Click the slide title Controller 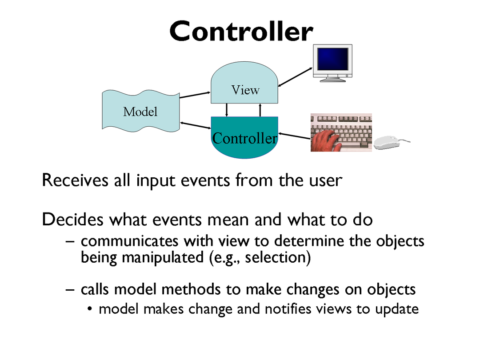coord(241,31)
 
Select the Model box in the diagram coord(141,111)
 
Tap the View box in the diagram coord(244,83)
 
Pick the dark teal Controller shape coord(244,137)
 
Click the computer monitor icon coord(332,63)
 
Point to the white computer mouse coord(389,143)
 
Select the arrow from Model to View coord(195,95)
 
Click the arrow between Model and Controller coord(196,125)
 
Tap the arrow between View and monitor coord(295,77)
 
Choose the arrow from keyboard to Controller coord(294,136)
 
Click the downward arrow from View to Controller coord(227,110)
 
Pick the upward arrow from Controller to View coord(260,110)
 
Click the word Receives coord(75,180)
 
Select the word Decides coord(72,220)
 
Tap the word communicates coord(129,241)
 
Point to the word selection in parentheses coord(275,257)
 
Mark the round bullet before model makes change coord(89,309)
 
